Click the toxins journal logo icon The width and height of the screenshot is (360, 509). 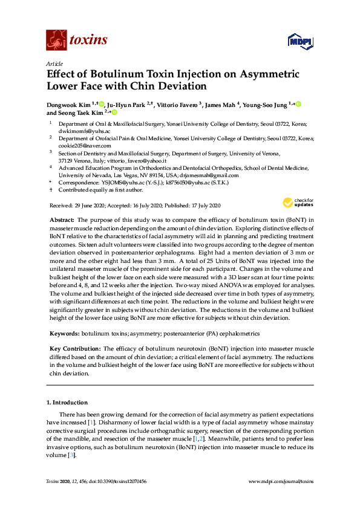pos(56,40)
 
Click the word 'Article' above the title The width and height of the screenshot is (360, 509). pos(54,63)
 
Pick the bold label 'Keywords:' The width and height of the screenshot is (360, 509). pos(64,333)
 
